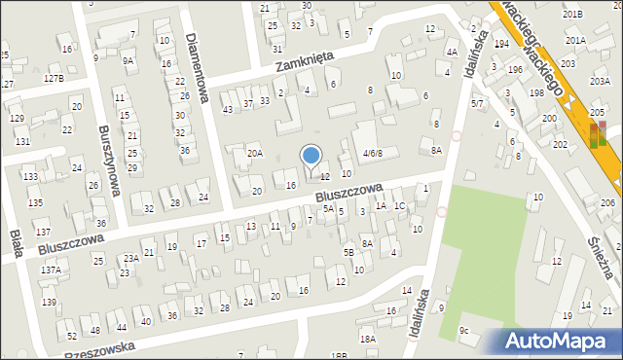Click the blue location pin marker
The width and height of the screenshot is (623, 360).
point(311,157)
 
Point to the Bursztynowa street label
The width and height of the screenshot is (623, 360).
point(108,160)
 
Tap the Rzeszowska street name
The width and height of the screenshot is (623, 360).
point(98,351)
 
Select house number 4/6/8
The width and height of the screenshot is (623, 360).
point(374,154)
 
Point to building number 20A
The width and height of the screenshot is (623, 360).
point(254,154)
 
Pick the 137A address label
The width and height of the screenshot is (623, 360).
point(51,270)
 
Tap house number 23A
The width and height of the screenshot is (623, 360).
point(130,258)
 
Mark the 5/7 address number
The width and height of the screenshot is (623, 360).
point(477,102)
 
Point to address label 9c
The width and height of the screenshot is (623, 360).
point(465,331)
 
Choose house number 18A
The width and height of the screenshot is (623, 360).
point(367,339)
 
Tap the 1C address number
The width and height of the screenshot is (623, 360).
point(399,206)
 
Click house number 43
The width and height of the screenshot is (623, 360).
point(228,109)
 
